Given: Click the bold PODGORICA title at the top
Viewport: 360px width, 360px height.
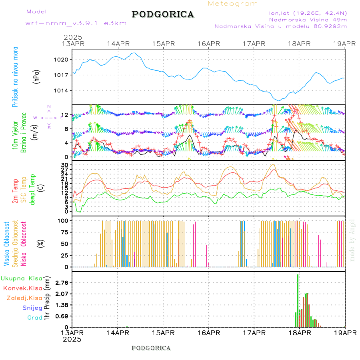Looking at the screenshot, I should pos(163,14).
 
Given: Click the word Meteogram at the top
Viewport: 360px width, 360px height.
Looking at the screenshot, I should pos(233,4).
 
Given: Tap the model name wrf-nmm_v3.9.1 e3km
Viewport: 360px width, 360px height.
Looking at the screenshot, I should pos(76,23).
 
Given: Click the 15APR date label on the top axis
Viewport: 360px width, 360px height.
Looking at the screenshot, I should pos(163,44).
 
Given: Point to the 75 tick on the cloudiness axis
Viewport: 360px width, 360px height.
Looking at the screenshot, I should pos(65,232).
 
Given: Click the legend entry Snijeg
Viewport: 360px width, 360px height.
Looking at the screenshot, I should pos(32,308).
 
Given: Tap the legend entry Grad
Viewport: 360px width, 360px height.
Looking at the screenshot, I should pos(35,318).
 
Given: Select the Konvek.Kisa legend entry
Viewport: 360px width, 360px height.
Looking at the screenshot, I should pos(23,288).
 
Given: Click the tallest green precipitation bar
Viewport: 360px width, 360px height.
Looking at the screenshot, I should pos(298,300).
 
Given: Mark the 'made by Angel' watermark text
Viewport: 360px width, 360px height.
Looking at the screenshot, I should pos(352,240).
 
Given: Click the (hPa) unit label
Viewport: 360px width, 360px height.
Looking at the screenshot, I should pos(36,76).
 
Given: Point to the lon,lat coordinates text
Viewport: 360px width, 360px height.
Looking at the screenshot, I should pos(308,13).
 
